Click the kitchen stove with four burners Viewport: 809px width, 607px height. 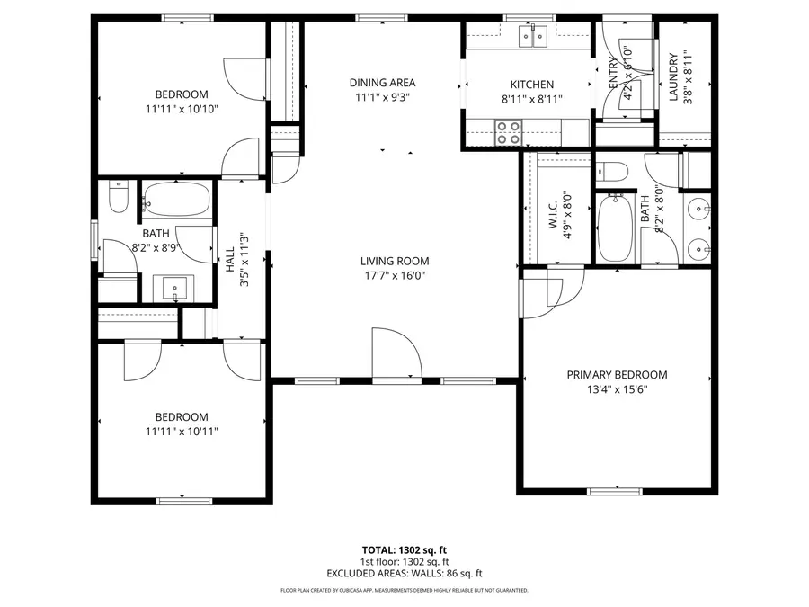pos(509,133)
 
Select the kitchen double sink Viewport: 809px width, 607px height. pos(533,37)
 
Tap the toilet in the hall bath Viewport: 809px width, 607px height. pos(119,197)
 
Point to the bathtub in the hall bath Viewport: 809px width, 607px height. pos(176,200)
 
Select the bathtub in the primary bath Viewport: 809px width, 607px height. pos(616,229)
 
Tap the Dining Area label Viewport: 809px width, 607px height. pos(382,83)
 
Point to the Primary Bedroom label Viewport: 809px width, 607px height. pos(617,375)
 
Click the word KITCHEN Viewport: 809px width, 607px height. pos(532,85)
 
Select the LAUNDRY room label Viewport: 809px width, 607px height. pos(673,77)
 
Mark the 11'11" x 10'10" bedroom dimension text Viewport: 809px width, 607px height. pos(182,109)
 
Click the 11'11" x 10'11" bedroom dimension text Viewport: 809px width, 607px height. pos(182,432)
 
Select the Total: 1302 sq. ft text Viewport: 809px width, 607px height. pos(404,549)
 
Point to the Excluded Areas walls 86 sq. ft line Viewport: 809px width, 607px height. pos(404,573)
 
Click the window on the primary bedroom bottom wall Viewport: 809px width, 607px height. pos(618,491)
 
